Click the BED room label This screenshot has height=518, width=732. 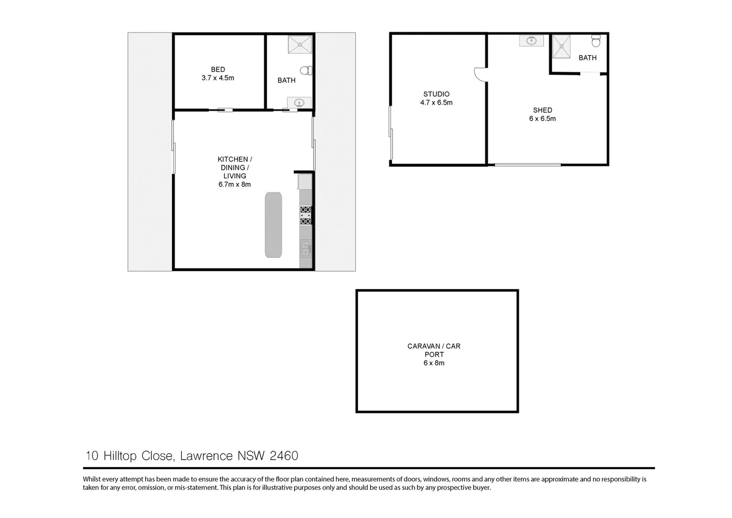[218, 70]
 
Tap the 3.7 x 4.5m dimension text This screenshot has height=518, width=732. [218, 78]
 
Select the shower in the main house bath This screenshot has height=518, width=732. [300, 44]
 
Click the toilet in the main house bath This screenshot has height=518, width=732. [305, 71]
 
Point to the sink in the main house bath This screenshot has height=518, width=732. [299, 102]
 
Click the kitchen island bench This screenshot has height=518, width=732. [273, 224]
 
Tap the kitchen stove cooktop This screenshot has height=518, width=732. [305, 215]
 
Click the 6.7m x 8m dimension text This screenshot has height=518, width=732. [234, 184]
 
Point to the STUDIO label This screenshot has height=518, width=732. [436, 94]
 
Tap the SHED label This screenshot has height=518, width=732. [542, 110]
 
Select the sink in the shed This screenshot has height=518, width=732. [531, 41]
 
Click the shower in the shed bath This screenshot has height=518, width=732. [561, 47]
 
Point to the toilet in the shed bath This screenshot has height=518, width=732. [596, 41]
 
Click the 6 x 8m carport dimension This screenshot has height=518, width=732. [433, 363]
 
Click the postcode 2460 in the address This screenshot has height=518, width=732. [284, 456]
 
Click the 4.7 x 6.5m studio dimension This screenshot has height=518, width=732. [436, 103]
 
